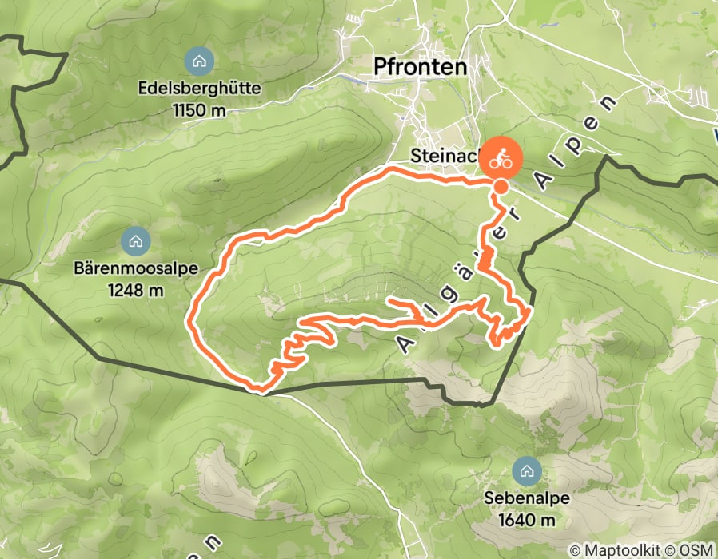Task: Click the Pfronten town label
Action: (420, 68)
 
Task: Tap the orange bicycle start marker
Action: (501, 158)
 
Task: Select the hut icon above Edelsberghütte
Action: (197, 60)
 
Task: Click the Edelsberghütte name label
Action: (199, 89)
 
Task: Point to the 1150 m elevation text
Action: (199, 109)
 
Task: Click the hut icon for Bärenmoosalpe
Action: (134, 239)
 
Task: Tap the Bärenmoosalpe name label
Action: (134, 269)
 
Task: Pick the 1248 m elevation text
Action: (134, 289)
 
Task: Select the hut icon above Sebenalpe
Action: (526, 470)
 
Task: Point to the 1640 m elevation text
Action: (526, 520)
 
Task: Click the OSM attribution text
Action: (694, 550)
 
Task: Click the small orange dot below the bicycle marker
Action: (500, 188)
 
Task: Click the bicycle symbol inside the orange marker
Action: (501, 158)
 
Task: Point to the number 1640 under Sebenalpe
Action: (517, 520)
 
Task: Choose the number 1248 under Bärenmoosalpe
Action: (126, 289)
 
